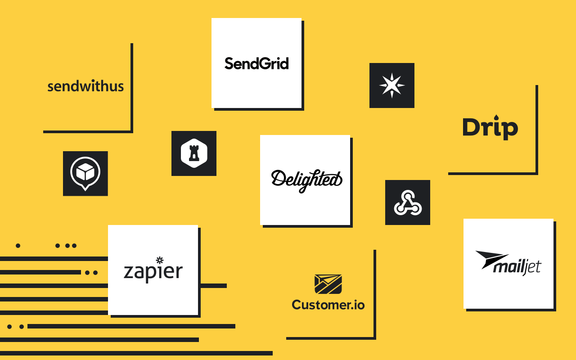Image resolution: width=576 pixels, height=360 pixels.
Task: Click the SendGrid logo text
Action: [256, 63]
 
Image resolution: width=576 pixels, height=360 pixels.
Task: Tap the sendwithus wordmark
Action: [85, 86]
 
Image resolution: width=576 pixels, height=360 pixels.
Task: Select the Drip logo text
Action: [490, 128]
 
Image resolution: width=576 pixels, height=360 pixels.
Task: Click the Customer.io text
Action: [328, 305]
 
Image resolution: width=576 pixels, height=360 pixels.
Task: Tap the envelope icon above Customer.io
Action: [328, 284]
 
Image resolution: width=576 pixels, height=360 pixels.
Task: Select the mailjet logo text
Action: [517, 267]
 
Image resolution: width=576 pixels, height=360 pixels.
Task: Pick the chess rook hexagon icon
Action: [194, 153]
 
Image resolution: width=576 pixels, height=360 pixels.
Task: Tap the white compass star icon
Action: [391, 85]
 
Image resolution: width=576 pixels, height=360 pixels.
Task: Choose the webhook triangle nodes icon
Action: [408, 202]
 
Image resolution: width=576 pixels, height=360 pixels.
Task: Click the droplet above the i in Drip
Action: [496, 117]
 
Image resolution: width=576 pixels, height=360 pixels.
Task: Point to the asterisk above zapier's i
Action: [159, 260]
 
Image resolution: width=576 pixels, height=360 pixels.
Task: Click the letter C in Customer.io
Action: [297, 305]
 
